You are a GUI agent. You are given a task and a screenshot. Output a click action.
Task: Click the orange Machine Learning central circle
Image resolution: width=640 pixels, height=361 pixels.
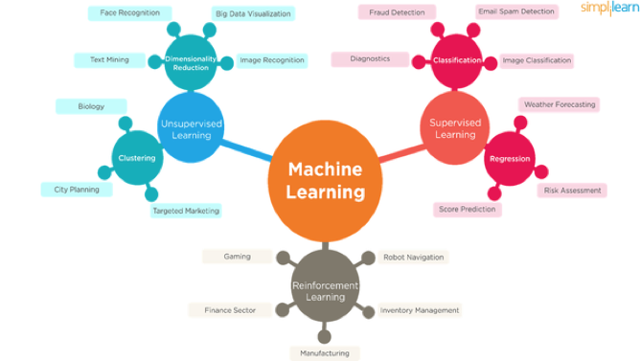pos(326,181)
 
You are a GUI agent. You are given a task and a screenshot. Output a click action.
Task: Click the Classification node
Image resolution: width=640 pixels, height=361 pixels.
pos(457,60)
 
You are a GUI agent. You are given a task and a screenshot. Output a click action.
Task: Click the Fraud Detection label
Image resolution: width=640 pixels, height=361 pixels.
pos(391,12)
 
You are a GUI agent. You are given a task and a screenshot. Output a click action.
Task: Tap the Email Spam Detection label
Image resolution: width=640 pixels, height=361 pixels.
pos(515,11)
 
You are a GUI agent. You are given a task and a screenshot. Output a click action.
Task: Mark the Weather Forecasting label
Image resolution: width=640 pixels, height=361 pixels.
pos(560,103)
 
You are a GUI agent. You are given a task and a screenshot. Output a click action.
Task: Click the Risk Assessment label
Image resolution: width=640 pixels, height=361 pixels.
pos(572,191)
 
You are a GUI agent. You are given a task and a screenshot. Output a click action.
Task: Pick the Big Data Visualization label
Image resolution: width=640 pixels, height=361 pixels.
pos(254,13)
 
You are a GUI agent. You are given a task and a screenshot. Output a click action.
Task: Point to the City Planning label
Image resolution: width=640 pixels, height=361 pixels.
pos(77,190)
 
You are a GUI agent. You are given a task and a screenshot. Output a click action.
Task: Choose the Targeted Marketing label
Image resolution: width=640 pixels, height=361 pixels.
pos(186,211)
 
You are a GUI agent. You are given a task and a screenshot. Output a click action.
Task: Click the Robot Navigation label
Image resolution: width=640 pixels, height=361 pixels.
pos(414,257)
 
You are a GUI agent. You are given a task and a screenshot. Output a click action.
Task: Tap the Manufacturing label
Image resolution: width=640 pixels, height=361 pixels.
pos(325,353)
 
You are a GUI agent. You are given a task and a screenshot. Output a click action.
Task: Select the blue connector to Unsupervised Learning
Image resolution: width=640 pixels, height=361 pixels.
pos(245,151)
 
